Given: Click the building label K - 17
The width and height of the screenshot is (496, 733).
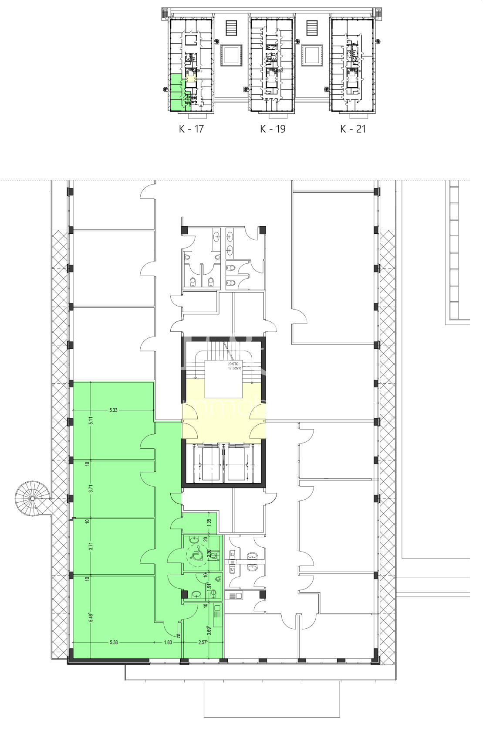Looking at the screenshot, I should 191,129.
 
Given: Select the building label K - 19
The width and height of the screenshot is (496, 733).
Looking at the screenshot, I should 273,129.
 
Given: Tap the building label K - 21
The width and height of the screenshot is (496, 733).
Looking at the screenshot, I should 353,129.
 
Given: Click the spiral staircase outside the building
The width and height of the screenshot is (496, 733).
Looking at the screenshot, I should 32,498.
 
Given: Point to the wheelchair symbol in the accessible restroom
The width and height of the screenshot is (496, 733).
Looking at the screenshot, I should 196,554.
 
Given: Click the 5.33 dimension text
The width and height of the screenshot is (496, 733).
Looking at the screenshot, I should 113,410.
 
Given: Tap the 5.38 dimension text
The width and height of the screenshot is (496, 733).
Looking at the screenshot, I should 114,642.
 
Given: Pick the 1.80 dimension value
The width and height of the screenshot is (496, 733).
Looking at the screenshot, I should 168,642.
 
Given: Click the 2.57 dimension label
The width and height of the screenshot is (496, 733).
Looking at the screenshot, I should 202,642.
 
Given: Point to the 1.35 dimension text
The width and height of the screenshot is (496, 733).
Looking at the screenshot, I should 209,520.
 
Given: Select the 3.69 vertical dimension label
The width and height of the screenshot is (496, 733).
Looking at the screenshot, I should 209,630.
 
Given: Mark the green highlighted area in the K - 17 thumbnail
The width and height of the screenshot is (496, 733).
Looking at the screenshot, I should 175,93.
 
